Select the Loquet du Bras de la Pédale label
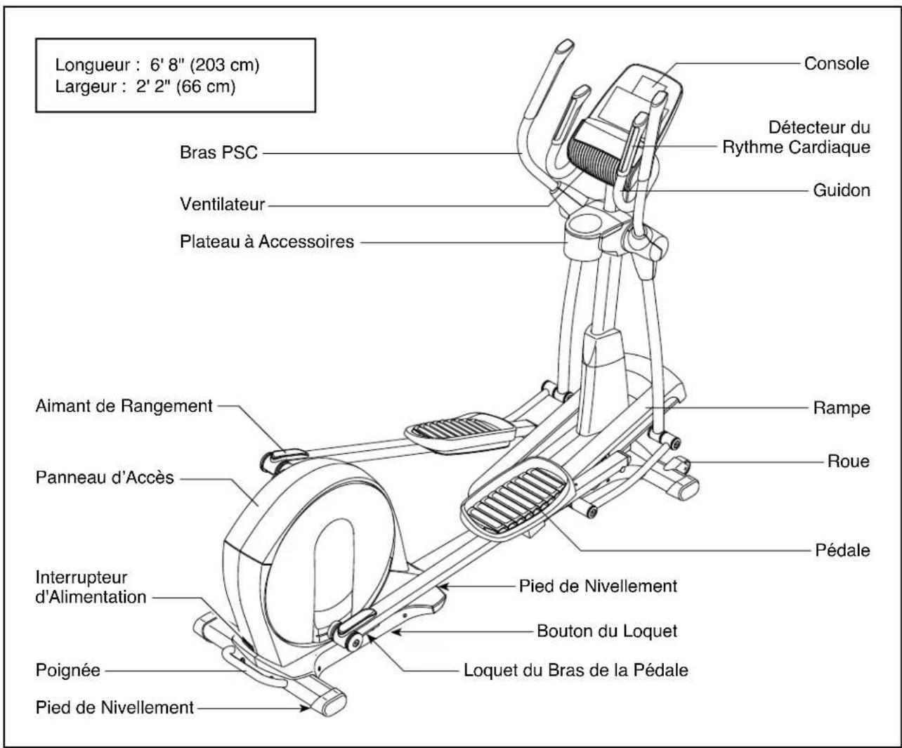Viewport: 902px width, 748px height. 575,669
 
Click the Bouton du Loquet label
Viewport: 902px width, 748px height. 607,631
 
